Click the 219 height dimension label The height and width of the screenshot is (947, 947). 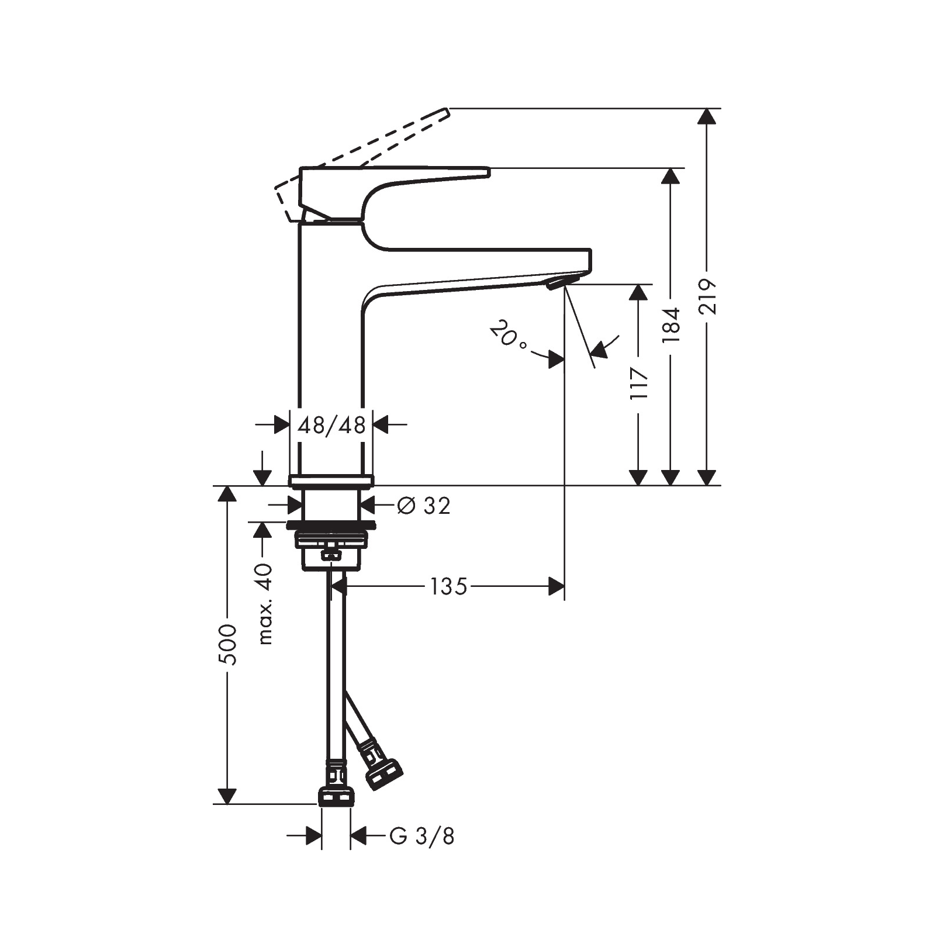pyautogui.click(x=708, y=297)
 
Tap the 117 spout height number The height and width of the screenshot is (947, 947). pyautogui.click(x=640, y=383)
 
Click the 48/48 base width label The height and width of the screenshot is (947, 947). pyautogui.click(x=331, y=426)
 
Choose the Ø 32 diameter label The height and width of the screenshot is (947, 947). pyautogui.click(x=424, y=506)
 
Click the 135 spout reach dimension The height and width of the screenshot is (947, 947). pyautogui.click(x=449, y=586)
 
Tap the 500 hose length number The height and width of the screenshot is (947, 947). pyautogui.click(x=227, y=644)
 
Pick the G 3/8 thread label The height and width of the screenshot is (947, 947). pyautogui.click(x=421, y=837)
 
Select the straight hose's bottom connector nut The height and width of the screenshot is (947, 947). pyautogui.click(x=336, y=796)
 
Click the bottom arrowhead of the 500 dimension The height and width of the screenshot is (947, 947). pyautogui.click(x=227, y=796)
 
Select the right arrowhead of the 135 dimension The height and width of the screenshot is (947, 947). pyautogui.click(x=557, y=586)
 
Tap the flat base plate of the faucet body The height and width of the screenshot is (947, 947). pyautogui.click(x=331, y=481)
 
